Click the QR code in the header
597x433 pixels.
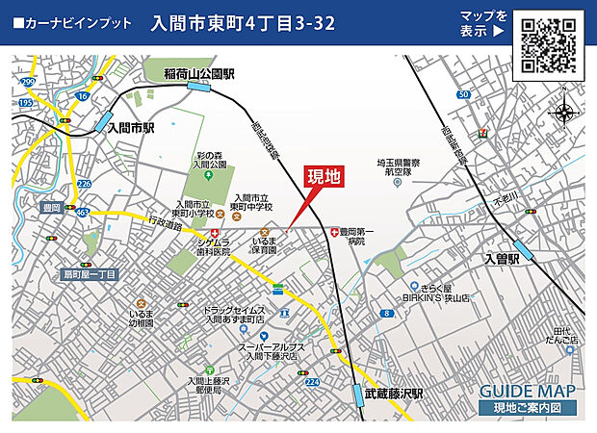550,43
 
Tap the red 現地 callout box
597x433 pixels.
324,177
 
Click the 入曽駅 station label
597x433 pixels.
529,259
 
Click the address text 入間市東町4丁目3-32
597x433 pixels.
244,23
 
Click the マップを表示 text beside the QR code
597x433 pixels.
483,23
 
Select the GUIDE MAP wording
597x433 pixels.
527,391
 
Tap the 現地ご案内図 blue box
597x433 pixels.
527,409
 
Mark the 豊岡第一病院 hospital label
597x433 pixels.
375,237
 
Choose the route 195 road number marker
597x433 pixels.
26,100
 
